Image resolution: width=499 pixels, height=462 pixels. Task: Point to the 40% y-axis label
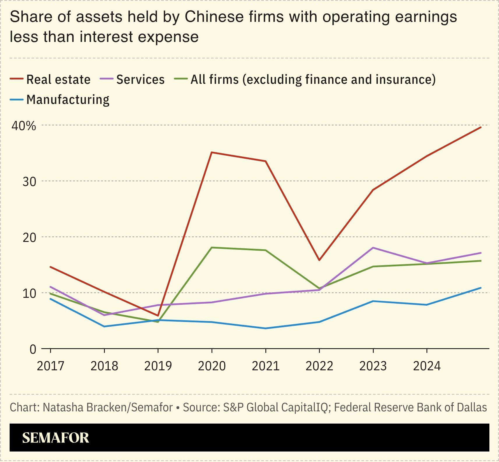[24, 126]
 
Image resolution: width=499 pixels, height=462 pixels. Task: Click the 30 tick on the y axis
[29, 182]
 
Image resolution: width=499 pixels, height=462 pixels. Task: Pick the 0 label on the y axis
[33, 349]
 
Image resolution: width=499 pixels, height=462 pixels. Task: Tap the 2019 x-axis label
[158, 366]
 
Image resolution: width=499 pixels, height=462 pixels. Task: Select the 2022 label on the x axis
[319, 366]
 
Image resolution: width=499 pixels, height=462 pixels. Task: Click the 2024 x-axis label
[427, 366]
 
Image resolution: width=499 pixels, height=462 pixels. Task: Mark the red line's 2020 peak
[212, 152]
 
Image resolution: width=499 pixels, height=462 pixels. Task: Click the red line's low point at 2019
[158, 316]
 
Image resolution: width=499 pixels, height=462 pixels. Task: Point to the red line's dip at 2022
[319, 260]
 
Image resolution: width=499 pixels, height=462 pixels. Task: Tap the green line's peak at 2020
[212, 247]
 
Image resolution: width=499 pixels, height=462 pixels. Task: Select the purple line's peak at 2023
[373, 248]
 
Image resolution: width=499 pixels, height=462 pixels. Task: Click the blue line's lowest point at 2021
[265, 328]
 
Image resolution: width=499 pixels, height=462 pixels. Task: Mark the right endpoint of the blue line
[481, 288]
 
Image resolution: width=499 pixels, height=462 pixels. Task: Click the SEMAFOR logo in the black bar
[55, 438]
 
